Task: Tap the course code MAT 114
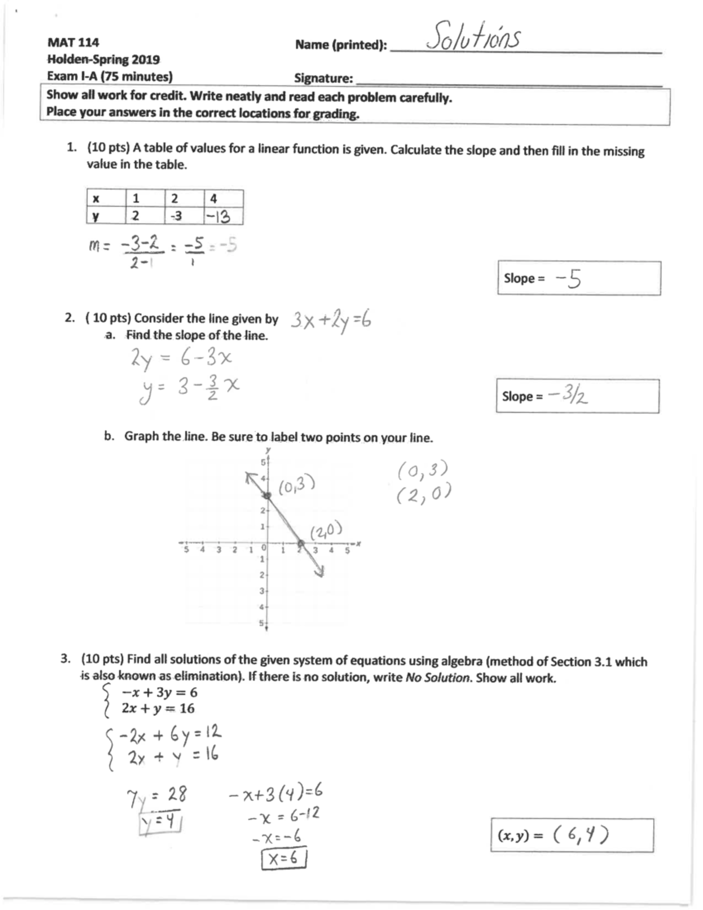(x=73, y=42)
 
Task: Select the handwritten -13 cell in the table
(x=217, y=217)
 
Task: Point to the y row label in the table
(x=96, y=216)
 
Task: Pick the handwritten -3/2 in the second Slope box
(x=568, y=396)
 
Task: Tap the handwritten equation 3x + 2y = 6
(x=331, y=321)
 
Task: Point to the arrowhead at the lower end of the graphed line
(x=320, y=572)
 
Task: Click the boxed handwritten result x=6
(x=284, y=859)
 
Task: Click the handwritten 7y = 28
(x=156, y=796)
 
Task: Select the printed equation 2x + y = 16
(x=158, y=708)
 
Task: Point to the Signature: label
(x=323, y=79)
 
